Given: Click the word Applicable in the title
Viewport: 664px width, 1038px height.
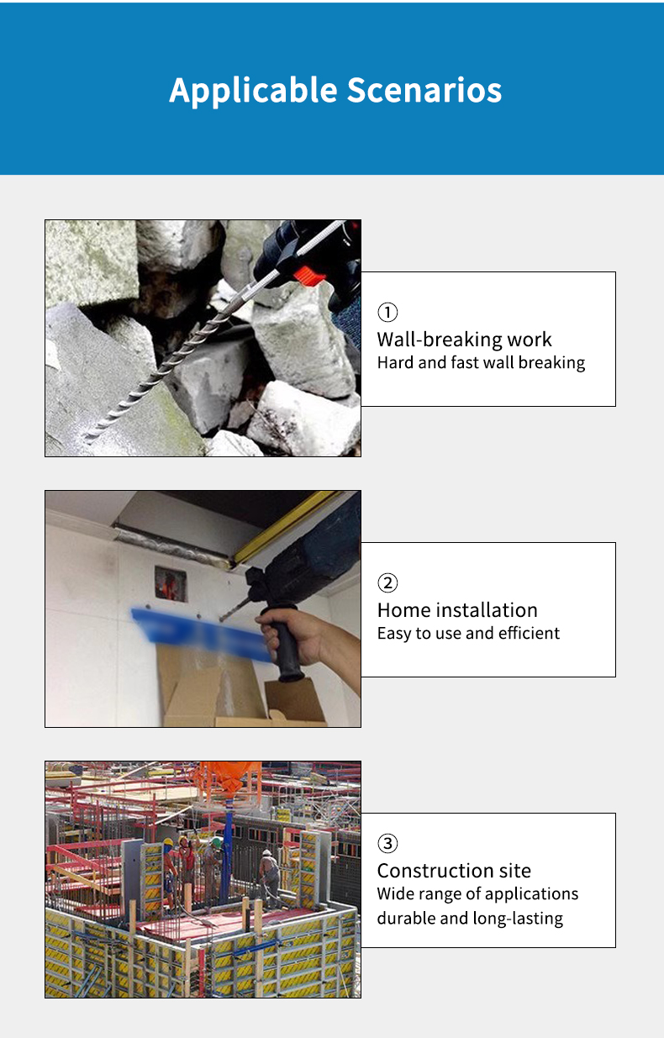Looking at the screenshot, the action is click(x=254, y=91).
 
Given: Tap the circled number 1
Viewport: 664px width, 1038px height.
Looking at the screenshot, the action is click(x=387, y=312).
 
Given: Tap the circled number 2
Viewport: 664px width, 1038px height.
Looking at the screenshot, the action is click(x=387, y=582).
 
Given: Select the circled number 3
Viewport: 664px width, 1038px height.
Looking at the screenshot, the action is click(x=387, y=843).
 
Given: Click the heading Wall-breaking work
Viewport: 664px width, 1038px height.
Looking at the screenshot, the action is click(x=464, y=340).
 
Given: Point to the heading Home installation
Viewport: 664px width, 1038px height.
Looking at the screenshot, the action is click(x=457, y=610).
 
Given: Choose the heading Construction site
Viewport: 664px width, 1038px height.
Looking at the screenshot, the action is click(x=454, y=871).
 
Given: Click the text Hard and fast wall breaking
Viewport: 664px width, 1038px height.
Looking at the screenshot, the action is click(x=481, y=363).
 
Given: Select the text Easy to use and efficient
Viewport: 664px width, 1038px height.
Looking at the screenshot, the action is click(x=468, y=634).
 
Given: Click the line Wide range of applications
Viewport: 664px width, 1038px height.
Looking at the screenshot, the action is click(x=477, y=894).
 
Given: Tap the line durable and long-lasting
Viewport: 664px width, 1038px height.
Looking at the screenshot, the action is click(x=470, y=919).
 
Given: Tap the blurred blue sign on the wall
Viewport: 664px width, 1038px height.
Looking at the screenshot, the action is click(x=202, y=633).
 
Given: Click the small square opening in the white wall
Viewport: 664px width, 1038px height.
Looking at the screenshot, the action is click(x=171, y=583).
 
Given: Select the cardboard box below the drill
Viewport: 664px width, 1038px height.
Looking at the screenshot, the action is click(x=241, y=693).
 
